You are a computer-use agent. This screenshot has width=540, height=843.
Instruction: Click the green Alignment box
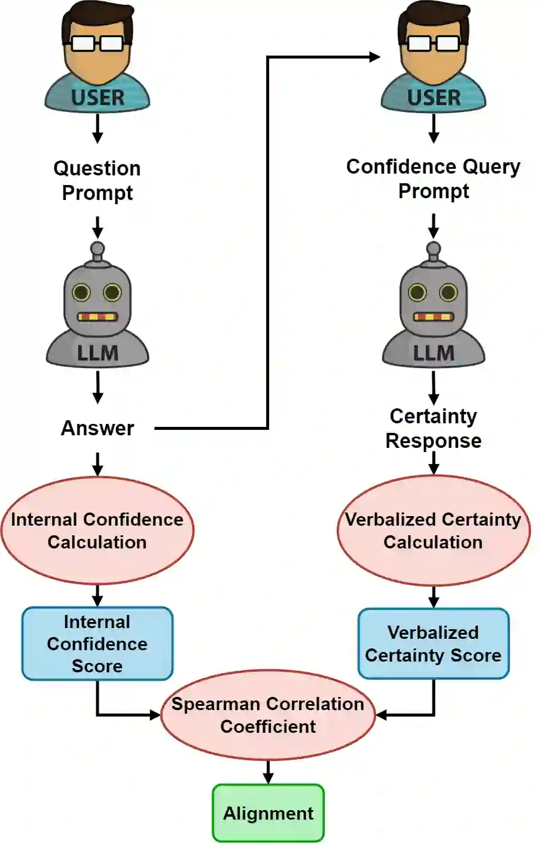268,812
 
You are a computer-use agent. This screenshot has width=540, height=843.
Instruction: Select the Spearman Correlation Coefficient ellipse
268,714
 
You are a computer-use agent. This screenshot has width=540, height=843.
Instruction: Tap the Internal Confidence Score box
97,644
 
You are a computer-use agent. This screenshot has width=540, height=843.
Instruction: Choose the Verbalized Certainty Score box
433,644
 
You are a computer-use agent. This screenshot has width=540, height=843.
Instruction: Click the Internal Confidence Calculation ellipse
97,530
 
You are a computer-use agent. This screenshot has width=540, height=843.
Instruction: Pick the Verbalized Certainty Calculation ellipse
433,530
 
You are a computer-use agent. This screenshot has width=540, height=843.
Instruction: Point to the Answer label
97,428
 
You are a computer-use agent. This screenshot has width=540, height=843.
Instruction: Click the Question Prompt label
97,180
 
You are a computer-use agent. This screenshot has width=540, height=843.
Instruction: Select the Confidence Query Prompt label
433,178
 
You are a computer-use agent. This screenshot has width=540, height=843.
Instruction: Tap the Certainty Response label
433,428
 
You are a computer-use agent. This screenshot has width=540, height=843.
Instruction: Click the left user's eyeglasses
97,43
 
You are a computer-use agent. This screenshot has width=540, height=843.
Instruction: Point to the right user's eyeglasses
433,43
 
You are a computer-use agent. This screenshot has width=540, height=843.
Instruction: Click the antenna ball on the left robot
97,249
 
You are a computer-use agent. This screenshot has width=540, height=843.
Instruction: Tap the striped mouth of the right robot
433,317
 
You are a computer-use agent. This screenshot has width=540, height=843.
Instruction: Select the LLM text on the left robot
97,353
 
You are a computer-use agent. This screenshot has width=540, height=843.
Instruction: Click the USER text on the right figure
434,98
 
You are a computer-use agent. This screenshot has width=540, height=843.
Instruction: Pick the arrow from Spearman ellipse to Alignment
268,771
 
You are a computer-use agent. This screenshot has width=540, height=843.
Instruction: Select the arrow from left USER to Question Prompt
97,128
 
